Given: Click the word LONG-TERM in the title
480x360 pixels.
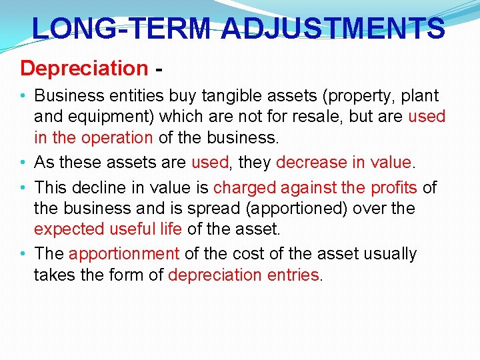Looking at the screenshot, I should pyautogui.click(x=122, y=29).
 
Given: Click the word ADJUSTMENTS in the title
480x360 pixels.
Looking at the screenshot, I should pyautogui.click(x=333, y=29).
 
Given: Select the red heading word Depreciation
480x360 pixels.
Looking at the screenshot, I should pyautogui.click(x=84, y=68).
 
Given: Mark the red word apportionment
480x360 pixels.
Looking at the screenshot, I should pyautogui.click(x=124, y=254).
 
